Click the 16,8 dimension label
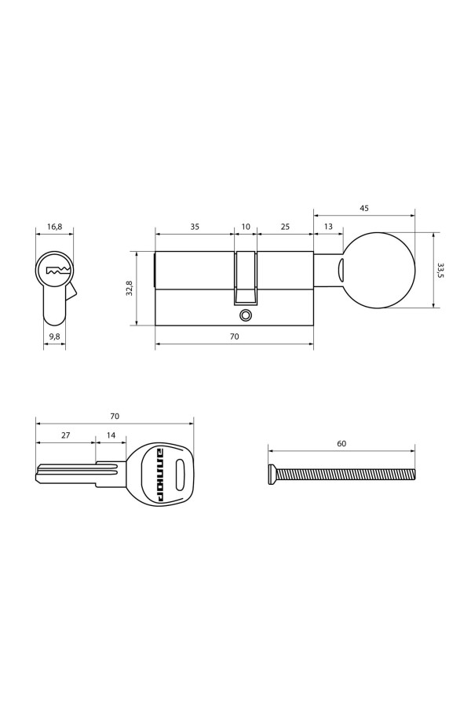tap(54, 227)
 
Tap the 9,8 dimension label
tap(54, 337)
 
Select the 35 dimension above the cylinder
tap(194, 227)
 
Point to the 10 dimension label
tap(246, 227)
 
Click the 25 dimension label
tap(285, 227)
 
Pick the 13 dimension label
tap(327, 227)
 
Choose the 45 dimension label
tap(364, 209)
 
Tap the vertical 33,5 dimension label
tap(441, 271)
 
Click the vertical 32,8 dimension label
tap(130, 288)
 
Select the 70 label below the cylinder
tap(234, 337)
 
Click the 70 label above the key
tap(115, 416)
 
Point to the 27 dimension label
tap(65, 434)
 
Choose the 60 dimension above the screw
tap(341, 443)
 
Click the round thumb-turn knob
tap(380, 271)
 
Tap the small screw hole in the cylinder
tap(246, 315)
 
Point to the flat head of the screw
tap(272, 474)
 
